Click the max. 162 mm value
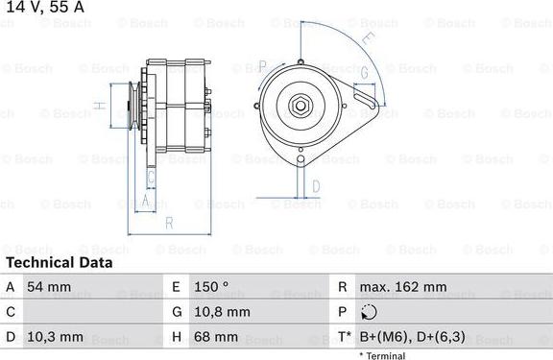tap(404, 287)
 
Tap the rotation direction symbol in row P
tap(372, 312)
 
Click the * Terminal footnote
tap(383, 355)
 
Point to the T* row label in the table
tap(343, 338)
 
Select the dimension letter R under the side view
tap(169, 225)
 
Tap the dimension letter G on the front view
tap(365, 73)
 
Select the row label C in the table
tap(10, 312)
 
